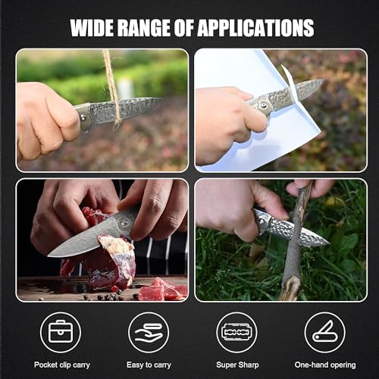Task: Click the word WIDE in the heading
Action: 92,27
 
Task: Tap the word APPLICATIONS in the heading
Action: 255,27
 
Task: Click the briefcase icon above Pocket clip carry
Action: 61,331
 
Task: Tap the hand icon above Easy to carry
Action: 149,333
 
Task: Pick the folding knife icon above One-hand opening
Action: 325,331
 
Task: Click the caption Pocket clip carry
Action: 62,365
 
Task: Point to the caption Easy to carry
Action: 149,365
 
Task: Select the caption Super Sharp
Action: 237,365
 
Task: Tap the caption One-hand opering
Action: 325,365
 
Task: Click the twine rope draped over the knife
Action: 112,89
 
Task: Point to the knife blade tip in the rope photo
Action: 161,99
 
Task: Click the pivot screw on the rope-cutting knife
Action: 83,117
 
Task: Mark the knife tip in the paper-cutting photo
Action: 323,80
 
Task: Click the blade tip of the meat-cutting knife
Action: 49,255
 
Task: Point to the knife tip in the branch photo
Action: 329,243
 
